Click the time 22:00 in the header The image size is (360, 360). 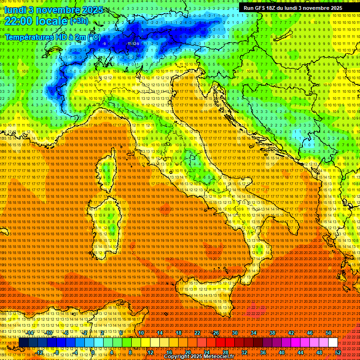[x=21, y=21]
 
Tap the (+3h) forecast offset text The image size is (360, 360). [x=79, y=21]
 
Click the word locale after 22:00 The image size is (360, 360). [x=53, y=21]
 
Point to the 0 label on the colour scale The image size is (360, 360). [x=93, y=352]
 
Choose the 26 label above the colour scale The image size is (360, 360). [x=216, y=333]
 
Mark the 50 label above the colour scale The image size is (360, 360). [x=328, y=333]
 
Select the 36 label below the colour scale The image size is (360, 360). [x=262, y=352]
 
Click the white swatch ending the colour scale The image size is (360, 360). [x=333, y=343]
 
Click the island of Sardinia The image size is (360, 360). [x=105, y=225]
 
